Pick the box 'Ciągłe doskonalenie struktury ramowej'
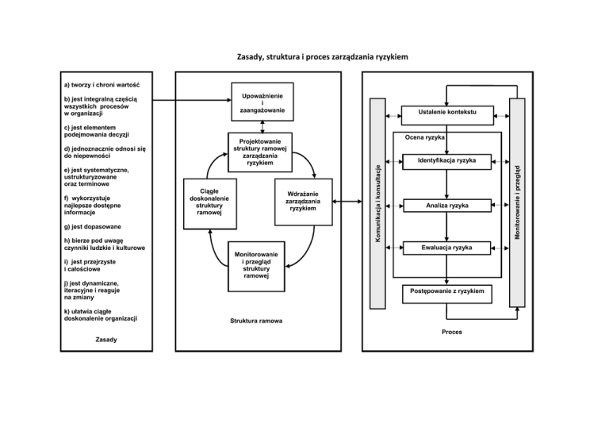pos(210,202)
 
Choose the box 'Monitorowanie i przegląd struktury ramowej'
pos(257,263)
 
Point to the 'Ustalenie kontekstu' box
pos(447,113)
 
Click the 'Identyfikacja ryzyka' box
pos(447,161)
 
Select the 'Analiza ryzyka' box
pos(447,205)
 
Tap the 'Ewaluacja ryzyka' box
pos(447,248)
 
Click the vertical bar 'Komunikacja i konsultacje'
pos(380,202)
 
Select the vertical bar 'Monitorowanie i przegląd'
pos(517,202)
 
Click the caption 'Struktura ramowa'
pos(256,321)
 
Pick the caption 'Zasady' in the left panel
pos(105,339)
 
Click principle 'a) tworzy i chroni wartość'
pos(101,84)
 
